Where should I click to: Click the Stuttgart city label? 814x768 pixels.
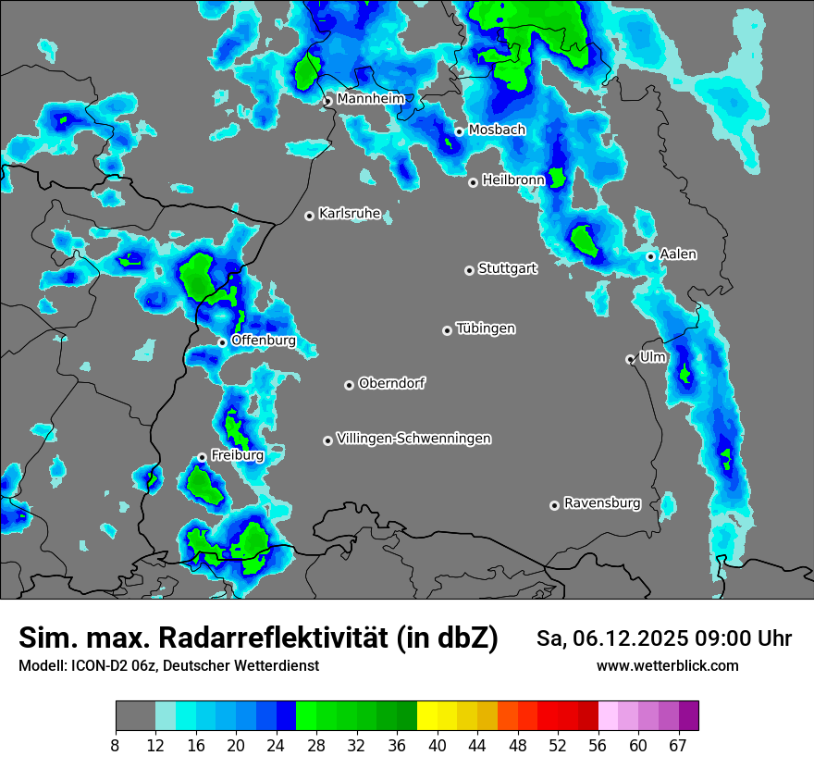[508, 269]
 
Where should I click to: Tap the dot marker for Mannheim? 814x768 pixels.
[327, 101]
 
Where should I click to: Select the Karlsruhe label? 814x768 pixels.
[350, 214]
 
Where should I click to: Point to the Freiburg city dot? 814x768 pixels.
[202, 457]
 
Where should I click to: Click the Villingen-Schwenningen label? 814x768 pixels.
[414, 439]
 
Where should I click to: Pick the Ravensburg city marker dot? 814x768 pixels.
[554, 505]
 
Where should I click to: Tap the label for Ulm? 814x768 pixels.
[653, 356]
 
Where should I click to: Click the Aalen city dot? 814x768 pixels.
[650, 256]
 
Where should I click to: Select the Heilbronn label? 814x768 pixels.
[513, 180]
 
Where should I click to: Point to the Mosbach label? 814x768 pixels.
[497, 130]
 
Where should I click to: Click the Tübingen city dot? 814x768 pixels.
[447, 330]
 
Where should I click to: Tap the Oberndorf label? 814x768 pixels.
[392, 383]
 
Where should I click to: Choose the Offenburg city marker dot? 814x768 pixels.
[222, 342]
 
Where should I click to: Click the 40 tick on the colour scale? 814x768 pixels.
[438, 745]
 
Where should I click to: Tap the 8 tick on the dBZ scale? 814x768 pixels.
[116, 745]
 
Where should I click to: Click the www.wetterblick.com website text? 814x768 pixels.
[668, 665]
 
